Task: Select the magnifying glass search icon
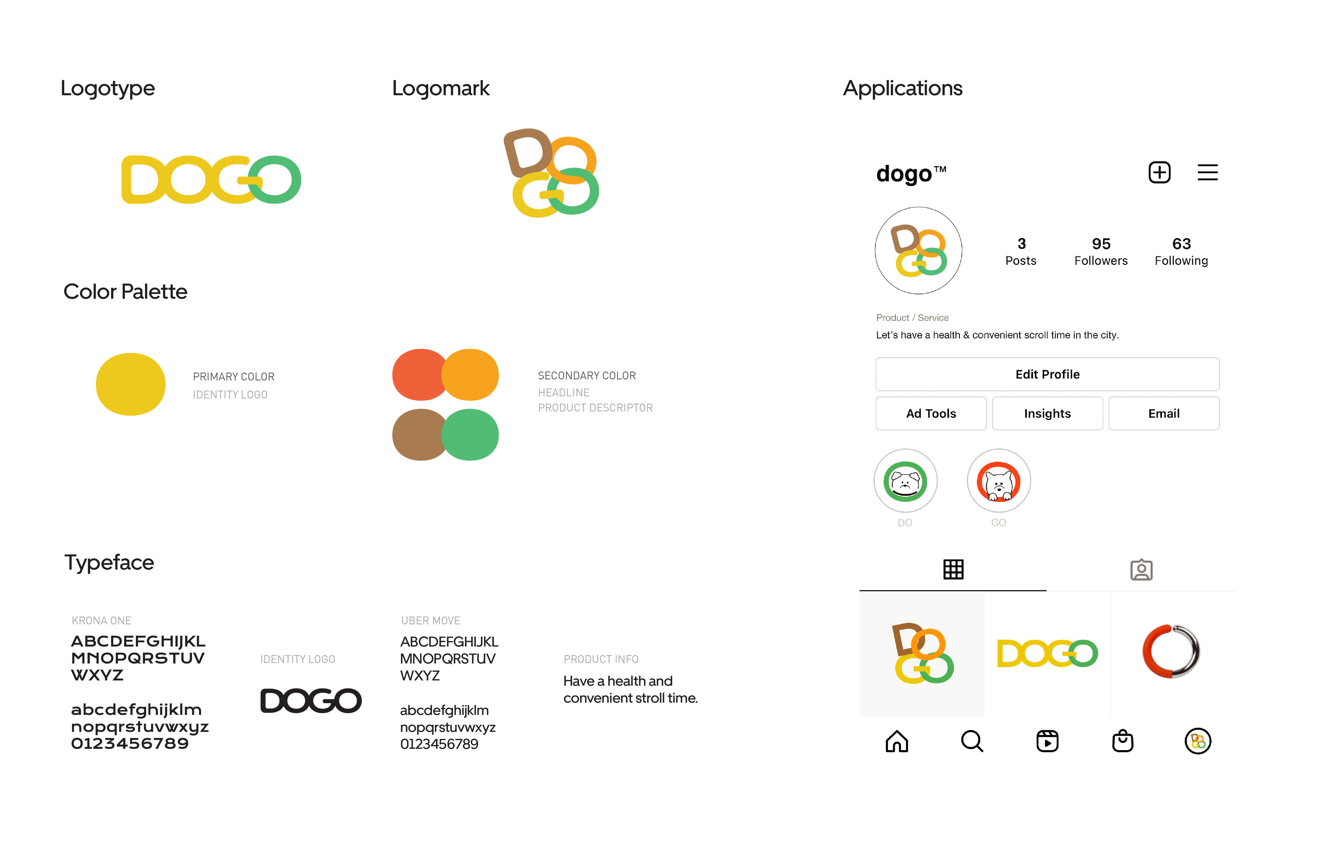tap(972, 741)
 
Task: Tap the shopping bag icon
tap(1122, 741)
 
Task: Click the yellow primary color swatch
tap(131, 384)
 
